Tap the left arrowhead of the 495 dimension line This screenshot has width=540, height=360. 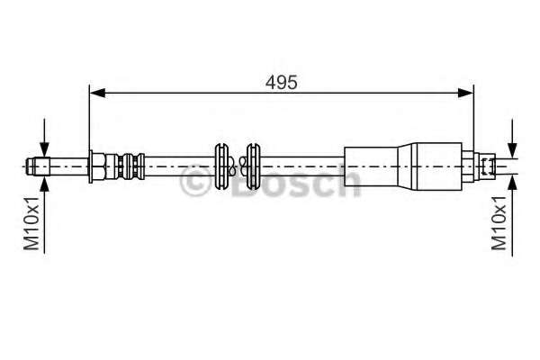(x=94, y=92)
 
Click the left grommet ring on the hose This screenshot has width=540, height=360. (x=221, y=166)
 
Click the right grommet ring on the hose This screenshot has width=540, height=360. (x=252, y=166)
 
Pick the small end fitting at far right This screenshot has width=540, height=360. (x=487, y=166)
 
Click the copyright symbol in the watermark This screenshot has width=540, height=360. (x=197, y=185)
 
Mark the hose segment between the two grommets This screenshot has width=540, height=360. (x=237, y=166)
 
